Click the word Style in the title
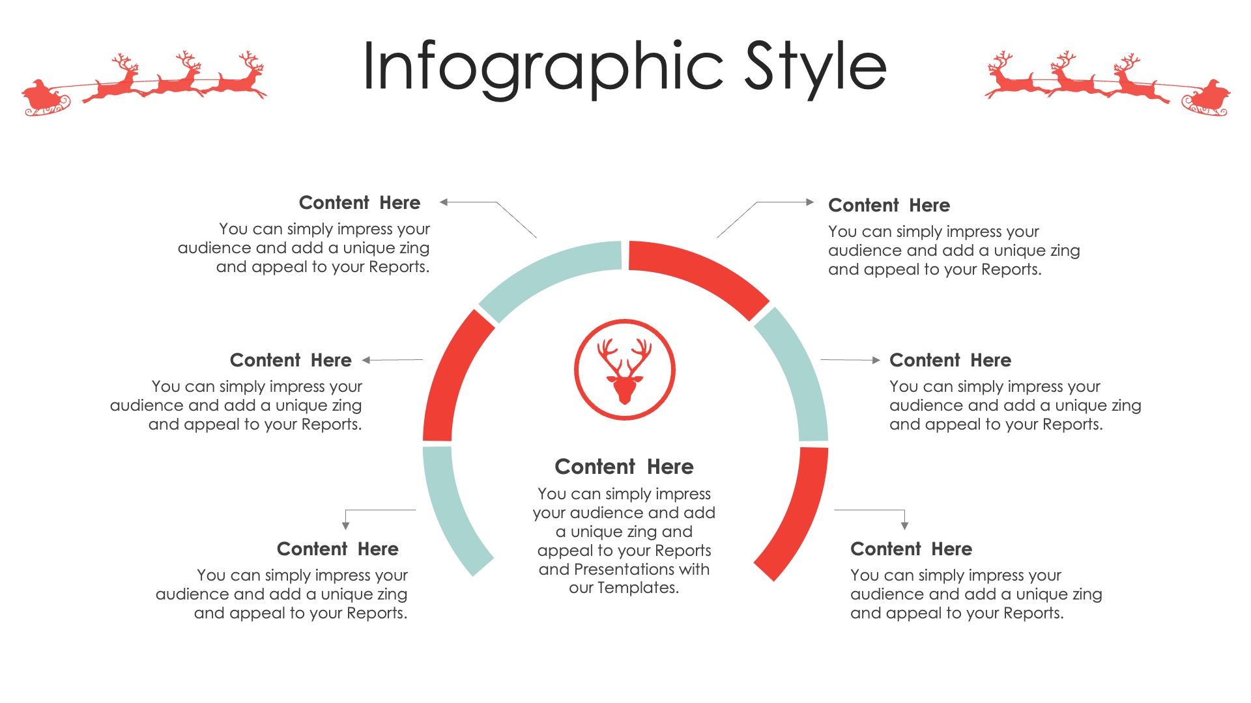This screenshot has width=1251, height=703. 816,68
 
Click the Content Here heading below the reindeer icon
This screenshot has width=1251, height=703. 624,467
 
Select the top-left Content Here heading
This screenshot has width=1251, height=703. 360,202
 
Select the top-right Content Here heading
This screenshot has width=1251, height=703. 889,205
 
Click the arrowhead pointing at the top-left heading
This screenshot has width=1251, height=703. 444,202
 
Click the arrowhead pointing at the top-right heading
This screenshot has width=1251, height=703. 811,202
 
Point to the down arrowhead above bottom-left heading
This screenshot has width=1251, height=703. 345,525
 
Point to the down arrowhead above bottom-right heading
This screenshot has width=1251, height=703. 904,525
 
